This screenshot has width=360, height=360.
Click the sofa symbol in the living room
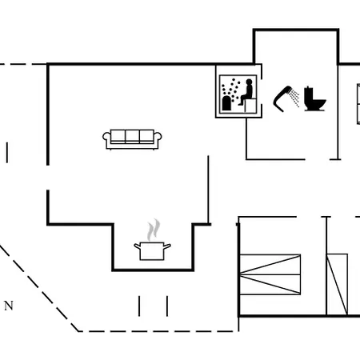point(132,139)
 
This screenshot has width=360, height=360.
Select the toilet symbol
point(315,98)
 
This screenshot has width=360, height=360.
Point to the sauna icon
point(238,93)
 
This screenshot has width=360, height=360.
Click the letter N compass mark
point(9,306)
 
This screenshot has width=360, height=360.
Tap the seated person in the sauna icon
point(247,92)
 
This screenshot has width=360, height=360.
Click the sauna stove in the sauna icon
point(226,103)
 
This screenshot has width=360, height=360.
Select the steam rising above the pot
point(154,230)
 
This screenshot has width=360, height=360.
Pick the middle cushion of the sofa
point(132,136)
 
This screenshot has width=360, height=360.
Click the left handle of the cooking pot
point(138,246)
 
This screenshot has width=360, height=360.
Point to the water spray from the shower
point(295,98)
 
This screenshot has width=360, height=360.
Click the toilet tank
point(308,94)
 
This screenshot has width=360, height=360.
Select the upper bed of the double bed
point(270,264)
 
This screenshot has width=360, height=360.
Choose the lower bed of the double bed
point(270,285)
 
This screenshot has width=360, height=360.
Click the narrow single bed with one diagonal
point(338,284)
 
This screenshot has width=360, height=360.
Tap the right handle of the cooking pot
point(167,246)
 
